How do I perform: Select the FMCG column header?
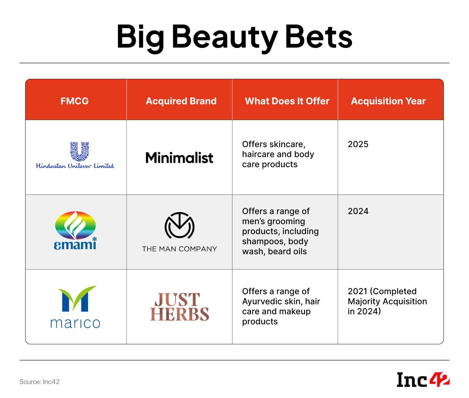[x=74, y=101]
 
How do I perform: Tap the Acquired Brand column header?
[x=181, y=101]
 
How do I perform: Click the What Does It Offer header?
[x=287, y=101]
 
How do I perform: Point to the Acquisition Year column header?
[x=388, y=101]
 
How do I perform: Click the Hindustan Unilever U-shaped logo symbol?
[x=79, y=151]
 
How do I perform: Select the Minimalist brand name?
[x=179, y=158]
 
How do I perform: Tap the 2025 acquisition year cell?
[x=358, y=144]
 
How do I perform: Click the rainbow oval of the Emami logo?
[x=75, y=226]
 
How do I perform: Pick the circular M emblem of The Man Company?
[x=179, y=226]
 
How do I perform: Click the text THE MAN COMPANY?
[x=179, y=249]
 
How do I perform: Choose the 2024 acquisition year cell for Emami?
[x=358, y=211]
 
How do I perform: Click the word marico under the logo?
[x=75, y=323]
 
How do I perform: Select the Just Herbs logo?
[x=179, y=307]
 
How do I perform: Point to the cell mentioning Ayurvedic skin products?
[x=281, y=306]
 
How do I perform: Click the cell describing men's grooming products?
[x=280, y=231]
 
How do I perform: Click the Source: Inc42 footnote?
[x=39, y=382]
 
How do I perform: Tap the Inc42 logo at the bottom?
[x=423, y=380]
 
